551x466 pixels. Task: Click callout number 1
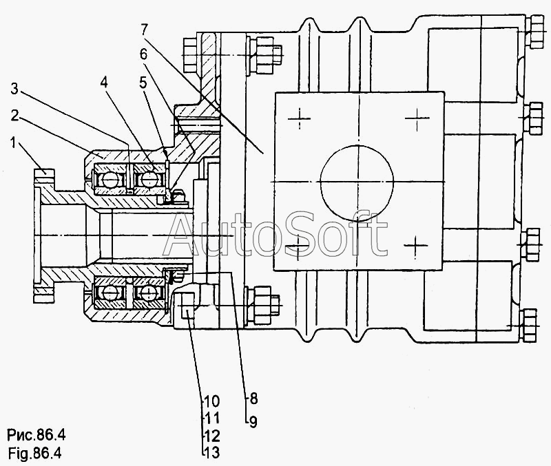pos(13,142)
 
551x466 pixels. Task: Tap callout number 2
pos(14,115)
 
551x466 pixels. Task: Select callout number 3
pos(14,89)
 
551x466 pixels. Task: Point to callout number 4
pos(104,83)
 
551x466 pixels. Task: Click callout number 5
pos(143,83)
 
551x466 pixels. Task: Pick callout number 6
pos(143,54)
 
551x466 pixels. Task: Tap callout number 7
pos(145,30)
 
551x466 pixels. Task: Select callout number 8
pos(253,399)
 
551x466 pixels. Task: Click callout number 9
pos(253,421)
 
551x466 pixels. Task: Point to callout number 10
pos(212,401)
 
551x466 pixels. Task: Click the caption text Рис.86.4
pos(37,436)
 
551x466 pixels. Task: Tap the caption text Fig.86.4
pos(34,454)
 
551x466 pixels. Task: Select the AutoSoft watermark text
pos(275,233)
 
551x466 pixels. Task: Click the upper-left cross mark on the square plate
pos(300,118)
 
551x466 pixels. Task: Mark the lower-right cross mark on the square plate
pos(416,245)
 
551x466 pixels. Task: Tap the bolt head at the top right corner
pos(538,32)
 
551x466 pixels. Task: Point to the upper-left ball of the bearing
pos(110,180)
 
